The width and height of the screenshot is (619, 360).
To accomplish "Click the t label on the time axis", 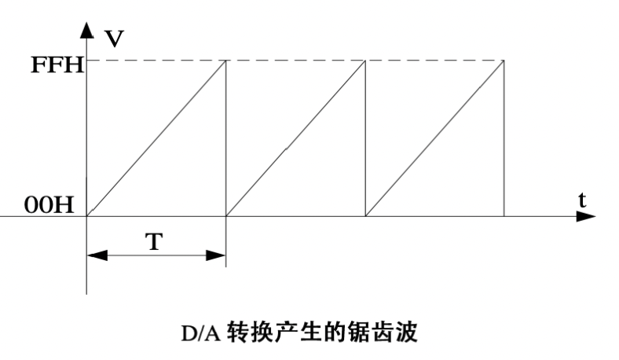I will coord(582,200).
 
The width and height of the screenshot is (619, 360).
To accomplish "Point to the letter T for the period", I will coord(156,241).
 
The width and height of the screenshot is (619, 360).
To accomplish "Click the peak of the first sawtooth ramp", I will coord(226,61).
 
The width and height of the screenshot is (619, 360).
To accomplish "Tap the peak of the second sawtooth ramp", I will coord(365,61).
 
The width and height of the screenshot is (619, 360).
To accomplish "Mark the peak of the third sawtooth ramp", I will coord(504,61).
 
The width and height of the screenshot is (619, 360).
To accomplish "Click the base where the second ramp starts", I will coord(226,215).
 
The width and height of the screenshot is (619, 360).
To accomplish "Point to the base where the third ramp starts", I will coord(365,215).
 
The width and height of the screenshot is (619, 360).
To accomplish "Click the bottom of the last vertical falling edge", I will coord(504,215).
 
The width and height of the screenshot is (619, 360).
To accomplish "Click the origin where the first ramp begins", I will coord(87,215).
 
